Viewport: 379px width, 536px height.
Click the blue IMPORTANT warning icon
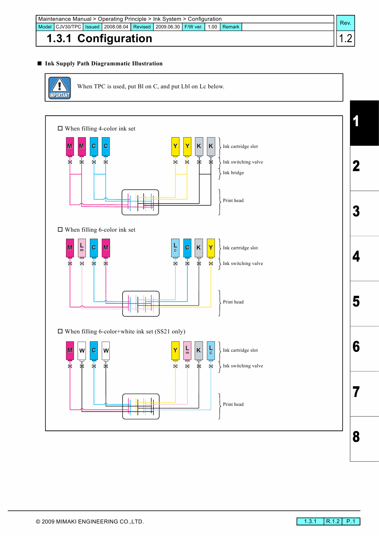click(x=60, y=88)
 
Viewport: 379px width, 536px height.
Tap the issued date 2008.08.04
click(x=116, y=27)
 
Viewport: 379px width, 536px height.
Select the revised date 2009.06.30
click(x=168, y=27)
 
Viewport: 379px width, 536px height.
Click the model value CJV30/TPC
click(x=68, y=27)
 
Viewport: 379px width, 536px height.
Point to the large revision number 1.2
click(x=346, y=39)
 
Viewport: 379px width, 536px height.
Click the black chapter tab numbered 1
click(x=364, y=123)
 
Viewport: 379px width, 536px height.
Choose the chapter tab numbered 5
click(x=364, y=303)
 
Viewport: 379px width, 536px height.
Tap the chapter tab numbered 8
click(x=364, y=439)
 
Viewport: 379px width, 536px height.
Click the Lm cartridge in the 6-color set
click(x=82, y=248)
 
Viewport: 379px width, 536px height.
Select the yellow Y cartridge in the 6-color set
click(x=211, y=248)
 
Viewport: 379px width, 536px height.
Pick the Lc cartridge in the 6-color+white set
click(x=211, y=351)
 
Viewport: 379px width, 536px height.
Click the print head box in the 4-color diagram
click(x=140, y=202)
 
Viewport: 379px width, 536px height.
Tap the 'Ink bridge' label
click(x=234, y=173)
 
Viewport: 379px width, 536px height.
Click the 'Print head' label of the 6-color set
click(x=233, y=302)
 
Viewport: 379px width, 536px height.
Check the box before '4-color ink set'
click(x=60, y=128)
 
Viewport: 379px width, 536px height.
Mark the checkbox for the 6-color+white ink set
click(x=60, y=331)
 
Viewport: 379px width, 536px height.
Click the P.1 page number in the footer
click(x=351, y=521)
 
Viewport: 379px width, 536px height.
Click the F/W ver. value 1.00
click(x=212, y=27)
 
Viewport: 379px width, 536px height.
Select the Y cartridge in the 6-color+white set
click(x=175, y=351)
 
